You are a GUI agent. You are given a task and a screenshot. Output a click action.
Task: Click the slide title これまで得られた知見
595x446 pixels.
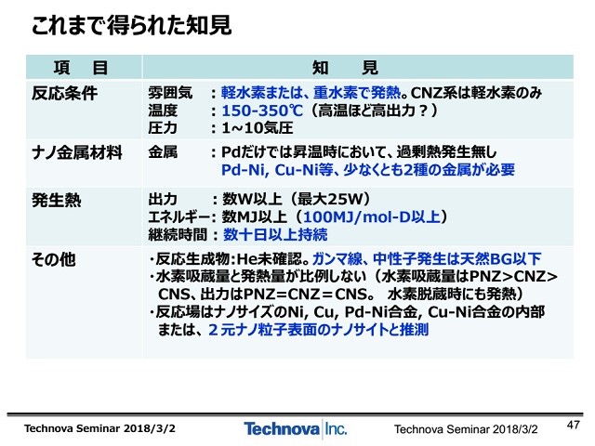(131, 26)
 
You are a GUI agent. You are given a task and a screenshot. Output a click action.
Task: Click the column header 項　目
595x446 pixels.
(81, 68)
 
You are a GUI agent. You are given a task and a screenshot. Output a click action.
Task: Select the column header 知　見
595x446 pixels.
(345, 68)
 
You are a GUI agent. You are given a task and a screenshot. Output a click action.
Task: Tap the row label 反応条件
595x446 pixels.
(64, 93)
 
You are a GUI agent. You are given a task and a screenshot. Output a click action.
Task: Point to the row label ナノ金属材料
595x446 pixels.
(77, 152)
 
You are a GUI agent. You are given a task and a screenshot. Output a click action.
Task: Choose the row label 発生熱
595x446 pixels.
(57, 201)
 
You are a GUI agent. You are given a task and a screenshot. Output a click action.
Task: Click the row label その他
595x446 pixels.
(54, 260)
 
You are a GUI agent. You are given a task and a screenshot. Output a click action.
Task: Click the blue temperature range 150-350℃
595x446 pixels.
(262, 111)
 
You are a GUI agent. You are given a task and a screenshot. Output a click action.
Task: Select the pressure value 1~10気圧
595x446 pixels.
(258, 128)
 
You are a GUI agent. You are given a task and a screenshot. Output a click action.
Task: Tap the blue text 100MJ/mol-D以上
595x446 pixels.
(372, 216)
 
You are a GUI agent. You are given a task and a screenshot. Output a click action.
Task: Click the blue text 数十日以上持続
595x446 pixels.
(275, 235)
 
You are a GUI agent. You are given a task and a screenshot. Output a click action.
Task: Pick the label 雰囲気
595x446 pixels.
(170, 93)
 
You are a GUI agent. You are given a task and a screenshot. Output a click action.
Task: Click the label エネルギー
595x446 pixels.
(179, 217)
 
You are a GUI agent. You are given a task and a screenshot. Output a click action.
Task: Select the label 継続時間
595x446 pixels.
(178, 235)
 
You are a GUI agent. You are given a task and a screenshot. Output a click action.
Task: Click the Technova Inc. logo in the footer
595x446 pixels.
(296, 429)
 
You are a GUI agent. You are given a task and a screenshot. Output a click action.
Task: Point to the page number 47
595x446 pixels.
(574, 425)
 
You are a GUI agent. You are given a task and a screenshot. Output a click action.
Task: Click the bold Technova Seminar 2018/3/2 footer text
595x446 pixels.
(99, 428)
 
